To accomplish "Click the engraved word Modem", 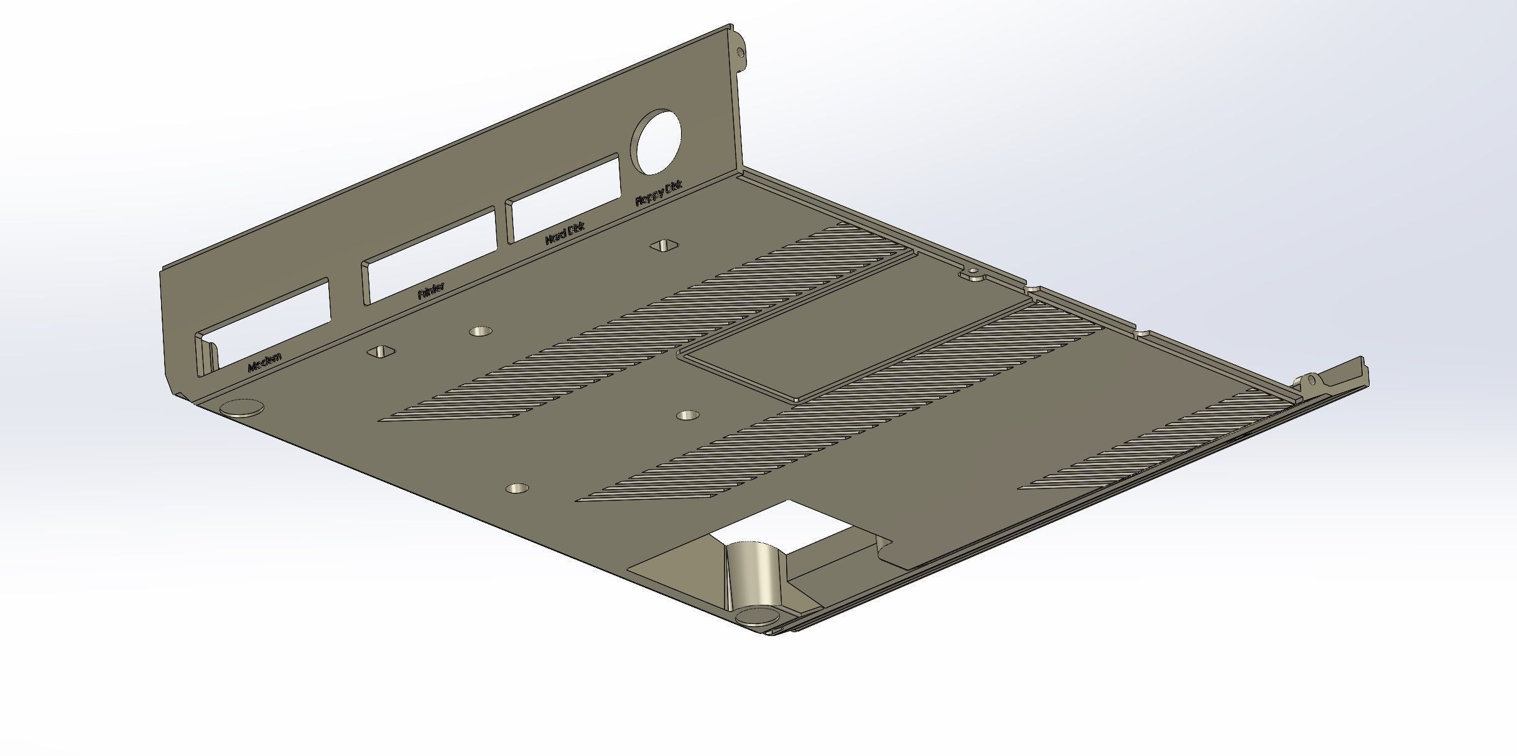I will click(x=266, y=362).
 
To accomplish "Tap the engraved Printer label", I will click(x=430, y=290).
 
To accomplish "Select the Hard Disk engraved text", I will click(x=565, y=233).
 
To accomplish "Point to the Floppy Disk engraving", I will click(x=658, y=193).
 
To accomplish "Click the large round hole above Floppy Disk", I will click(x=656, y=142).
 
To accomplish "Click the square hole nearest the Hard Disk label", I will click(x=664, y=246).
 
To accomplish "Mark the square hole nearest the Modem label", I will click(x=381, y=352).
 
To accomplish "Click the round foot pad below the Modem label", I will click(x=242, y=408).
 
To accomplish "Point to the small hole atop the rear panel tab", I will click(x=739, y=52).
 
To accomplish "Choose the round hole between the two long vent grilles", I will click(x=687, y=414).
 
